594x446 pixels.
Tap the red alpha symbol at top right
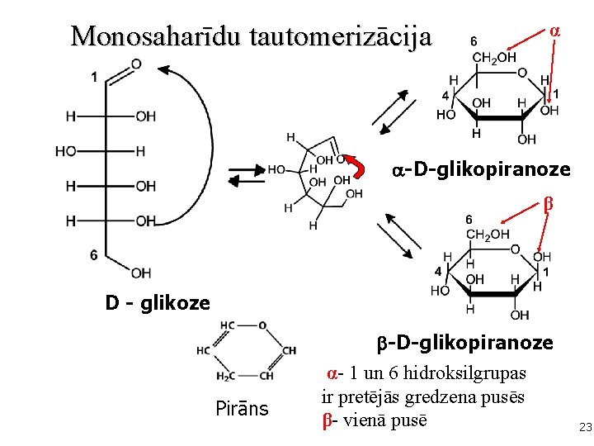click(x=555, y=30)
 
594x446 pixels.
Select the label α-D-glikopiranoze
click(x=481, y=169)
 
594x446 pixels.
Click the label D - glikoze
click(x=158, y=303)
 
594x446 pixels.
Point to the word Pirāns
click(x=242, y=408)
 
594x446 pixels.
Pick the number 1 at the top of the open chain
click(x=94, y=77)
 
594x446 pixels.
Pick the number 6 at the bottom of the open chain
click(x=94, y=255)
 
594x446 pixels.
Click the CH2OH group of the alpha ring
click(x=493, y=57)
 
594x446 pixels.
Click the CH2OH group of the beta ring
click(x=488, y=235)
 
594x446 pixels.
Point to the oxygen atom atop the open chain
click(x=135, y=64)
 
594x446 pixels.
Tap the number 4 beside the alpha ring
click(x=445, y=96)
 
